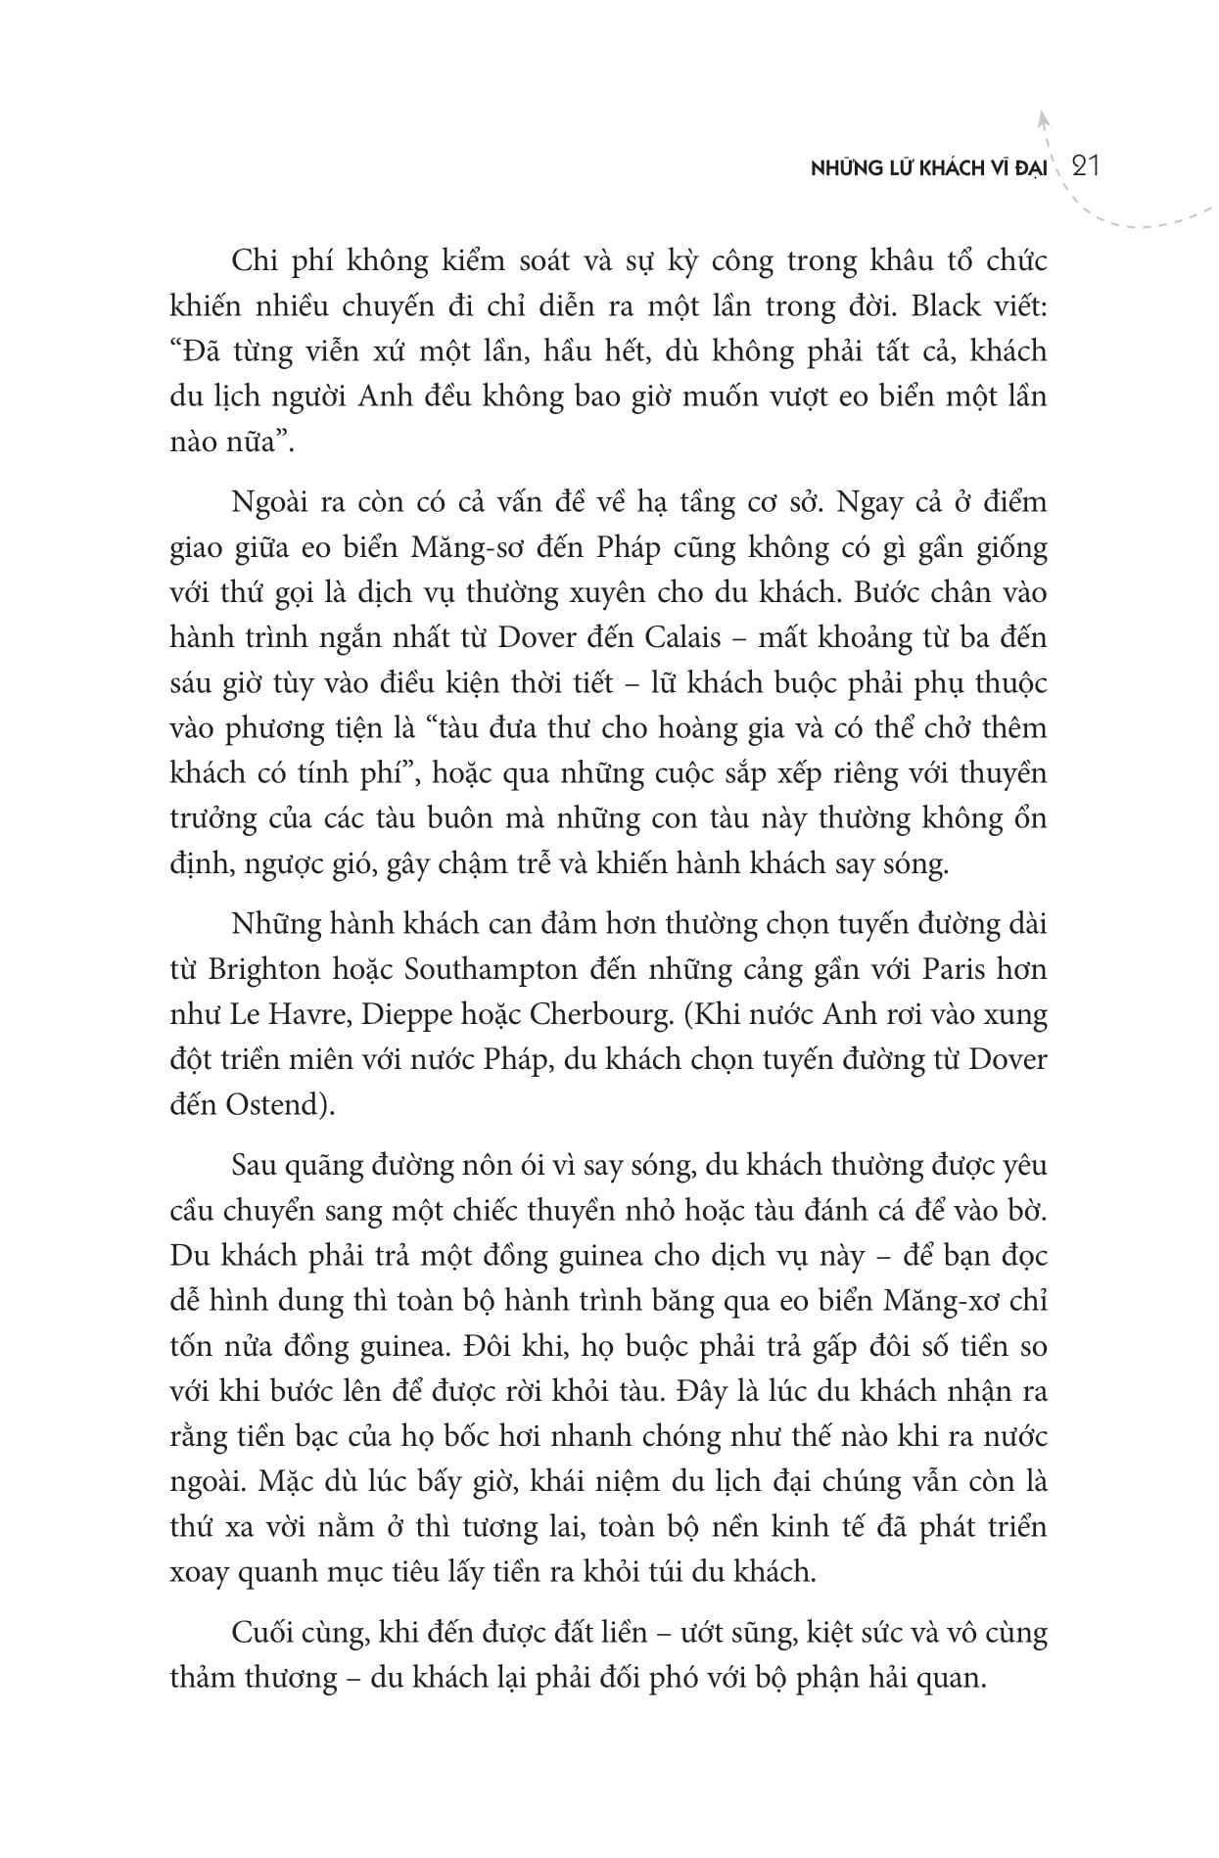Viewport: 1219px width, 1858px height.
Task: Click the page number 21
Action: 1088,166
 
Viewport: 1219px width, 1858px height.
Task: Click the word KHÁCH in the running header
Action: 952,168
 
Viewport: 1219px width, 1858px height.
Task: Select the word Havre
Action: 306,1014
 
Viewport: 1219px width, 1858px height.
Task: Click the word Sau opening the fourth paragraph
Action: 254,1165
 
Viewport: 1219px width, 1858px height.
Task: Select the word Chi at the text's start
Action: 253,261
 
